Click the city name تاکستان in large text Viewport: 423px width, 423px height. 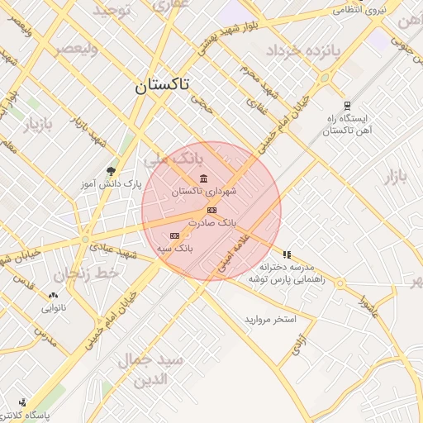click(x=161, y=85)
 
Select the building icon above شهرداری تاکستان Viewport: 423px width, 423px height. click(x=204, y=179)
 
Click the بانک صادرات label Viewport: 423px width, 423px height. click(x=212, y=223)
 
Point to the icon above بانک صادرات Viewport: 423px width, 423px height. click(x=212, y=211)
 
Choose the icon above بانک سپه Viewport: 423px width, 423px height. click(x=174, y=235)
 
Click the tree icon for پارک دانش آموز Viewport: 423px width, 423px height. click(x=112, y=172)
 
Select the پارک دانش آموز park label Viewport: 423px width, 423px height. click(x=111, y=183)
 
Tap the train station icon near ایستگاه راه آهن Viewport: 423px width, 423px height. click(x=348, y=106)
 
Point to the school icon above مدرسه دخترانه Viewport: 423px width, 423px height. click(x=287, y=255)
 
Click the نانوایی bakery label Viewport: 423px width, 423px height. click(x=55, y=307)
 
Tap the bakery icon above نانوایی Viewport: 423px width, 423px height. click(x=55, y=295)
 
